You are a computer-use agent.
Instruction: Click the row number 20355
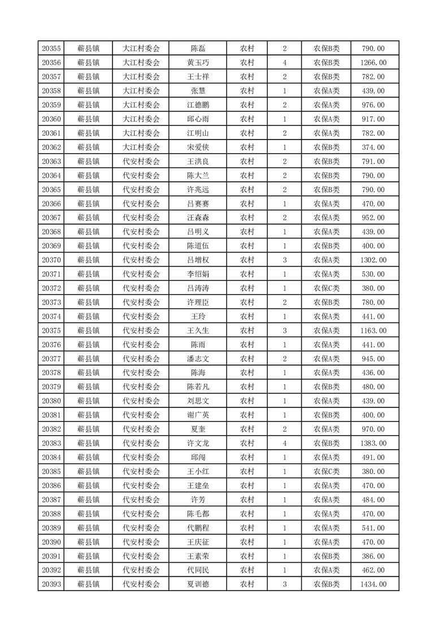51,49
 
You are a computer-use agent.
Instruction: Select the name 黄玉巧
198,63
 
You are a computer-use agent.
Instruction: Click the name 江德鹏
198,105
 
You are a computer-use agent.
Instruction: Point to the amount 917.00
373,119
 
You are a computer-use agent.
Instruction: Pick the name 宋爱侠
198,147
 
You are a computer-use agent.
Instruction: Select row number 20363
51,162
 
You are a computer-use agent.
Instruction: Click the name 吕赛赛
198,204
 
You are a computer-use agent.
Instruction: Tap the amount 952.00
373,218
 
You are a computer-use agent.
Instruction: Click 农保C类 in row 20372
327,288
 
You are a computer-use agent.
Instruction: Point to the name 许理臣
198,302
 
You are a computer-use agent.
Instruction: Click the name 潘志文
198,359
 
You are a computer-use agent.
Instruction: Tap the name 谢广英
198,415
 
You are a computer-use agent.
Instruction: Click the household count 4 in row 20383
284,444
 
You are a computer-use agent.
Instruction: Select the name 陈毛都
198,514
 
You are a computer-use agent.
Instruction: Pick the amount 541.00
373,528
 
